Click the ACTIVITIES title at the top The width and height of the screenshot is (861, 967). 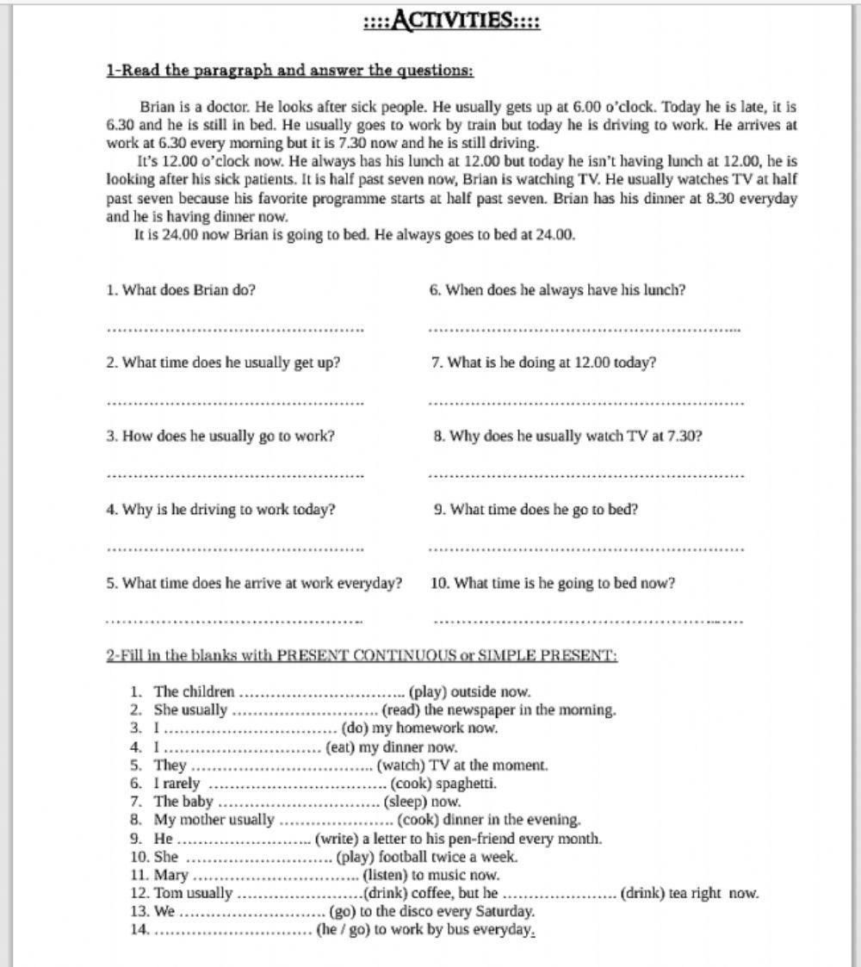click(x=452, y=20)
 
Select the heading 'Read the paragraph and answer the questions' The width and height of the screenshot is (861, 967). click(x=289, y=71)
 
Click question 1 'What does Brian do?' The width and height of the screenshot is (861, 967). click(x=181, y=290)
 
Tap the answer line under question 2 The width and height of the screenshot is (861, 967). click(x=234, y=402)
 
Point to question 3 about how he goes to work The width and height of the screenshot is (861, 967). click(x=220, y=436)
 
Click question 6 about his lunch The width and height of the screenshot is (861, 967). click(x=557, y=290)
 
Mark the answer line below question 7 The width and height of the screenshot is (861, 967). click(x=585, y=402)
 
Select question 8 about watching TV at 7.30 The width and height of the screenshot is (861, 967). click(x=567, y=436)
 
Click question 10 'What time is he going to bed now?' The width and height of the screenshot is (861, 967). click(x=553, y=583)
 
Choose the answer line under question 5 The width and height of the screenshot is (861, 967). click(x=234, y=620)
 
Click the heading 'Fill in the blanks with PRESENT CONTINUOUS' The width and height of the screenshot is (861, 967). click(x=362, y=655)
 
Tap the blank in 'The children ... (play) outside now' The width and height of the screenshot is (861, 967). click(x=321, y=692)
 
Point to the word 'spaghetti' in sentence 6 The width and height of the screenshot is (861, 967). click(x=466, y=784)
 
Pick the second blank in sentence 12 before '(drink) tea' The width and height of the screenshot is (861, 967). click(x=560, y=894)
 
